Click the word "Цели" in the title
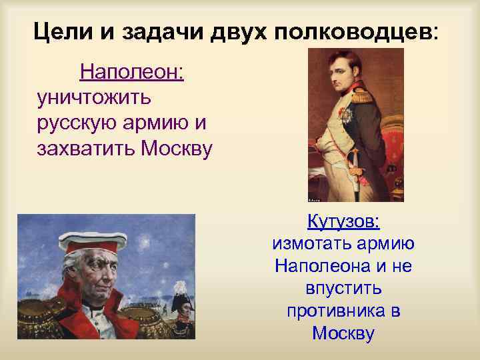(x=59, y=31)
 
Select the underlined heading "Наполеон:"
(x=132, y=72)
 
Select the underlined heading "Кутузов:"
(x=343, y=221)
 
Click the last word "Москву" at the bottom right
(x=343, y=334)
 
